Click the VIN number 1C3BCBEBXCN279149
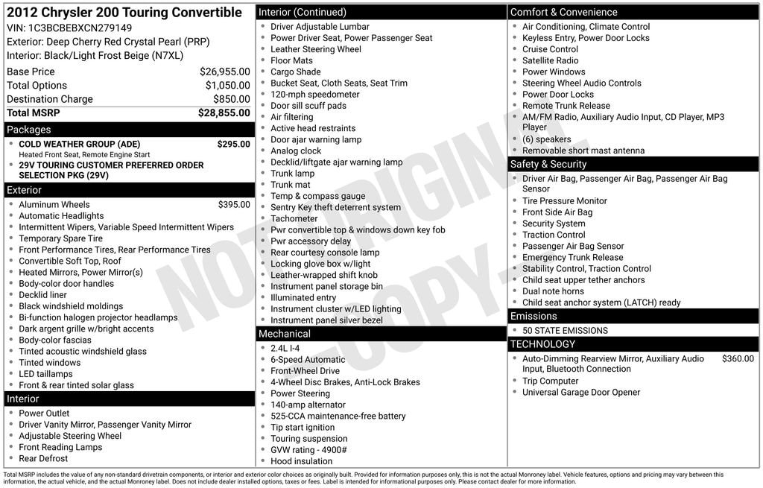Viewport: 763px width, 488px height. [x=80, y=28]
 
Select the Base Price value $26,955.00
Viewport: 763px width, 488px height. [x=224, y=72]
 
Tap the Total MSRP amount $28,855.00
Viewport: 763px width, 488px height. [x=224, y=113]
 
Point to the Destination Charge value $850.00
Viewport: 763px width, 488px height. [x=232, y=99]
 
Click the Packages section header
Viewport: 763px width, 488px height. [x=29, y=130]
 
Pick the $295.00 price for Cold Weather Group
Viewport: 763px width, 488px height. [x=233, y=144]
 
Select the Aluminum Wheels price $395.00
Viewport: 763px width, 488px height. [x=234, y=204]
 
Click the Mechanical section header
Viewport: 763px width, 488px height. [x=285, y=334]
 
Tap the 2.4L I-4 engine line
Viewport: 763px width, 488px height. [x=285, y=348]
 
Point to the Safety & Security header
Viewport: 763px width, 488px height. [x=548, y=164]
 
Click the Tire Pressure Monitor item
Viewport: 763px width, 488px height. [x=565, y=200]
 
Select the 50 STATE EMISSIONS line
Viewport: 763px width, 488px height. [x=565, y=330]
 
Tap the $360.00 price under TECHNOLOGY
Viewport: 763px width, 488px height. [x=738, y=358]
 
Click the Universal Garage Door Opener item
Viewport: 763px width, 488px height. [x=581, y=392]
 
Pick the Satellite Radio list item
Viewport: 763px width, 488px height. [x=550, y=60]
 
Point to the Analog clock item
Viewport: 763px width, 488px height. [x=296, y=150]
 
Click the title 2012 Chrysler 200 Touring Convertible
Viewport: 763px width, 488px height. [x=124, y=13]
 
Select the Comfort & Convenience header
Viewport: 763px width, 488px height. [x=564, y=12]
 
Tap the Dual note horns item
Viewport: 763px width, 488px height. [x=553, y=291]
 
